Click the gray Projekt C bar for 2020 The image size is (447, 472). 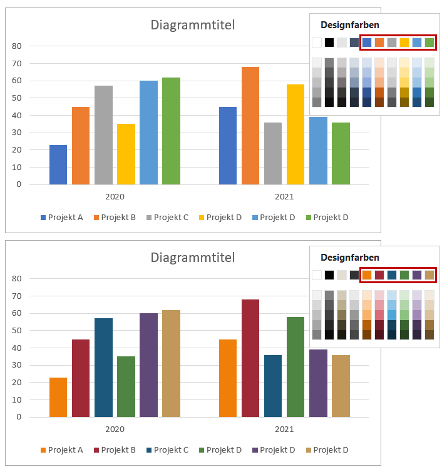click(x=103, y=135)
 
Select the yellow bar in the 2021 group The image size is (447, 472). click(x=295, y=134)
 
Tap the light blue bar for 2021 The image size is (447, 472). click(x=318, y=151)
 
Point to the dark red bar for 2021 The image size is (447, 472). click(x=250, y=358)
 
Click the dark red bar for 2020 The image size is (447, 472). click(x=81, y=378)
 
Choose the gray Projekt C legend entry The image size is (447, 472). click(x=166, y=217)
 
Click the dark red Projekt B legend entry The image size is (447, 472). click(x=115, y=449)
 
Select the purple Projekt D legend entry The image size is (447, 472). click(x=272, y=449)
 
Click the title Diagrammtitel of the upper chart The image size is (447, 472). click(x=193, y=25)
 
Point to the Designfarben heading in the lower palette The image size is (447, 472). click(x=350, y=257)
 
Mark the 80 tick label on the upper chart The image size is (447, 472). click(x=17, y=46)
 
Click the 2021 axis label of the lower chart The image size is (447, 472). click(x=284, y=429)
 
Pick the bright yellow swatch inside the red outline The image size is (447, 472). click(x=404, y=43)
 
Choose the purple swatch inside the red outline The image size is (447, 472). click(x=417, y=274)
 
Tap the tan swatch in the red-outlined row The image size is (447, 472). click(x=429, y=274)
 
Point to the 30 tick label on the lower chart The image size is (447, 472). click(x=17, y=365)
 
